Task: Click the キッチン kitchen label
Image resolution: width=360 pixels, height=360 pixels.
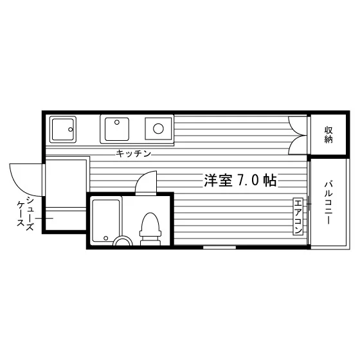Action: (x=134, y=154)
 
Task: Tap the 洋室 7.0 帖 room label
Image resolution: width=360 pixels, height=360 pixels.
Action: (x=240, y=180)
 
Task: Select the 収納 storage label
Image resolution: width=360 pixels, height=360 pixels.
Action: (x=328, y=135)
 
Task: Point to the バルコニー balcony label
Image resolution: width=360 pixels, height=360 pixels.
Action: (x=328, y=203)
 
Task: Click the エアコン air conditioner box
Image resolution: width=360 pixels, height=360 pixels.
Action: (x=298, y=217)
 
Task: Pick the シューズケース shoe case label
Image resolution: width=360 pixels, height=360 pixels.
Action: (x=25, y=214)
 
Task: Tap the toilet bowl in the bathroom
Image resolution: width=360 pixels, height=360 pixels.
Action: (x=150, y=224)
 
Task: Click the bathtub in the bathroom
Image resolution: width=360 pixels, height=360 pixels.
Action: (x=106, y=221)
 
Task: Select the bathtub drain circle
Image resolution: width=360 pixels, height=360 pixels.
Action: (x=106, y=238)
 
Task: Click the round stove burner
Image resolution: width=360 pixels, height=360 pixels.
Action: (x=158, y=129)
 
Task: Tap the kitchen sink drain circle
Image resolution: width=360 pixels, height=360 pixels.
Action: (x=117, y=122)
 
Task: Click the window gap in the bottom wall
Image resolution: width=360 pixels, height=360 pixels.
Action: (x=219, y=248)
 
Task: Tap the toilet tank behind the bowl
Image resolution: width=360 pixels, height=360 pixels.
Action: (x=150, y=241)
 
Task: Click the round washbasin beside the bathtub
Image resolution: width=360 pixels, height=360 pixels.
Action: (x=123, y=241)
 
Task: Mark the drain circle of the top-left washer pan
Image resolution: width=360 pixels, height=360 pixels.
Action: (x=71, y=129)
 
